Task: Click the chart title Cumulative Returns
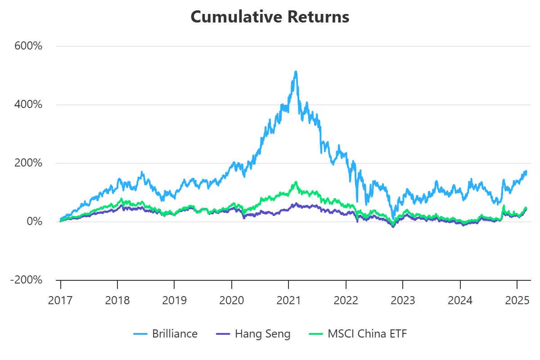pos(270,17)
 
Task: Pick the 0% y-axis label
pos(34,222)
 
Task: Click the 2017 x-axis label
pos(60,300)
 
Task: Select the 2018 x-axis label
pos(117,300)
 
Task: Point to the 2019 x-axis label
pos(175,300)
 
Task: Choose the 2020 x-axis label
pos(232,300)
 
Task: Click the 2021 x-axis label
pos(289,300)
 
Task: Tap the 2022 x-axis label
pos(346,300)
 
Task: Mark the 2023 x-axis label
pos(403,300)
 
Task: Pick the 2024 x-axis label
pos(460,300)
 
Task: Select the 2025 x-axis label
pos(517,300)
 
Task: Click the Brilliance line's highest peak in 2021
pos(296,71)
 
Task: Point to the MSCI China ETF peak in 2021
pos(296,182)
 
